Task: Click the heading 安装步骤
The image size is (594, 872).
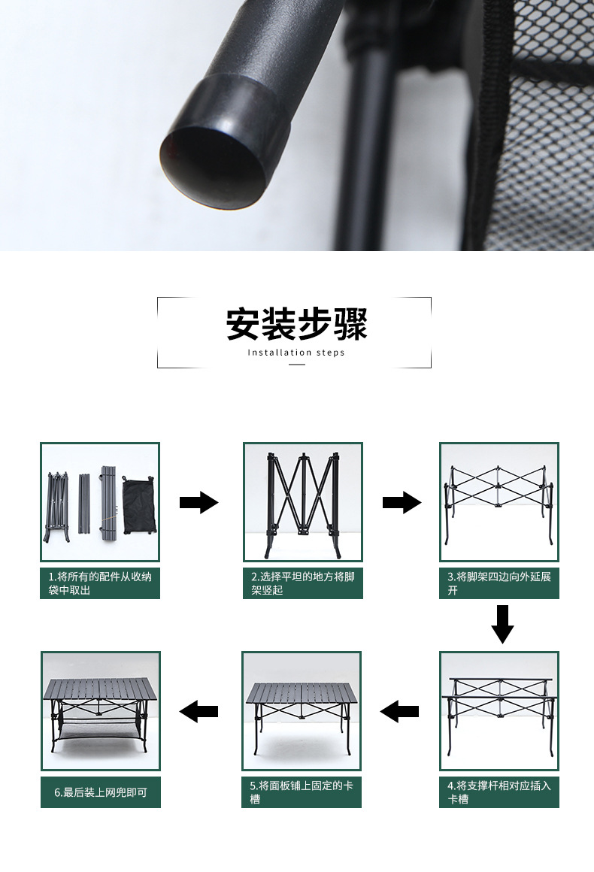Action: pos(296,324)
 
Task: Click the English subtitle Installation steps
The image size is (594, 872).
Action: pos(296,353)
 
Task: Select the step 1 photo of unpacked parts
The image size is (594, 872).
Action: pos(100,502)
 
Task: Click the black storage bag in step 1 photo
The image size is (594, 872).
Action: pos(138,505)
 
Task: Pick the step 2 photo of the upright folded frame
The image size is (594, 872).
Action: pos(303,502)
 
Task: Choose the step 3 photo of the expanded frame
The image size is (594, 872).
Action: pos(499,502)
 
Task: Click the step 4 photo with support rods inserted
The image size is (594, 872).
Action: pos(499,711)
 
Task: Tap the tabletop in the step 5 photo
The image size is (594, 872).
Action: pos(302,694)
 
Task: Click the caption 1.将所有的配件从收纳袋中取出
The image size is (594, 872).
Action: pos(100,583)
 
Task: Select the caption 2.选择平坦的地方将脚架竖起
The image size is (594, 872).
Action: pos(303,583)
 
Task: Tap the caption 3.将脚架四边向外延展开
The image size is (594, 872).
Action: pos(499,583)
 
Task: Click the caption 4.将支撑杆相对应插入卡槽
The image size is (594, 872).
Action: pos(499,792)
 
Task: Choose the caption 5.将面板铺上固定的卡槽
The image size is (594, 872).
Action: pos(302,792)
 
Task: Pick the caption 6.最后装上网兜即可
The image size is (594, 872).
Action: pos(101,792)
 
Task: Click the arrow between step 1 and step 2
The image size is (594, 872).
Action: pos(199,502)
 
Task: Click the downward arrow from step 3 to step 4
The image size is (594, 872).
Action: pos(502,625)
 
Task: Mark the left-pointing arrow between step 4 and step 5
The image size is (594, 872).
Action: pos(399,711)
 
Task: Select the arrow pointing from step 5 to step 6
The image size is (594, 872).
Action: pos(199,711)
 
